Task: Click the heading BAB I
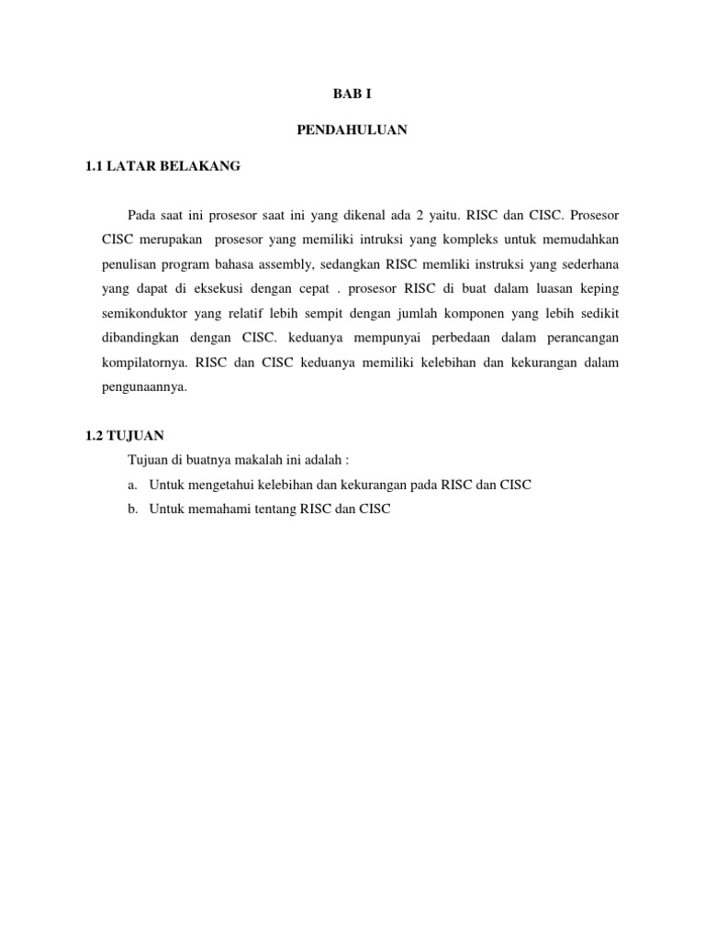coord(352,94)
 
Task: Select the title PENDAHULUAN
coord(352,130)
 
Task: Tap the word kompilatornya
coord(143,364)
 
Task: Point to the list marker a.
coord(133,484)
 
